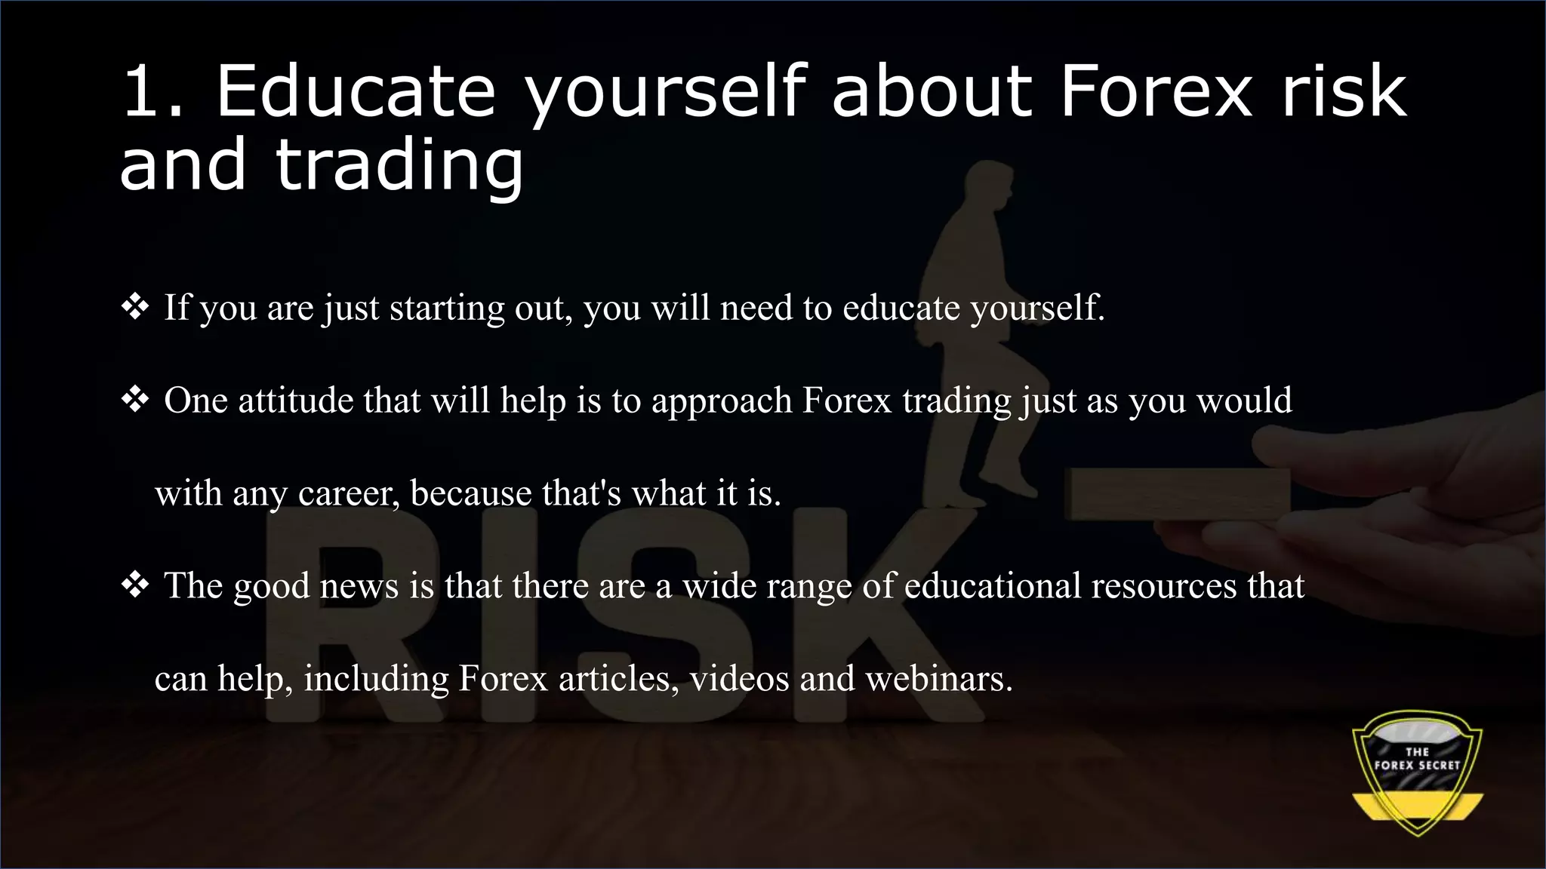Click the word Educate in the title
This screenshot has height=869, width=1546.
click(x=356, y=91)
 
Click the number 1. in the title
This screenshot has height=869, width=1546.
click(x=152, y=91)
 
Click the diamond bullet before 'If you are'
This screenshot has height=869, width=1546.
click(x=135, y=307)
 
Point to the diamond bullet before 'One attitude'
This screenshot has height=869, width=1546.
click(x=135, y=400)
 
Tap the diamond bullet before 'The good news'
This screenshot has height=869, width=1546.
click(x=135, y=585)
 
